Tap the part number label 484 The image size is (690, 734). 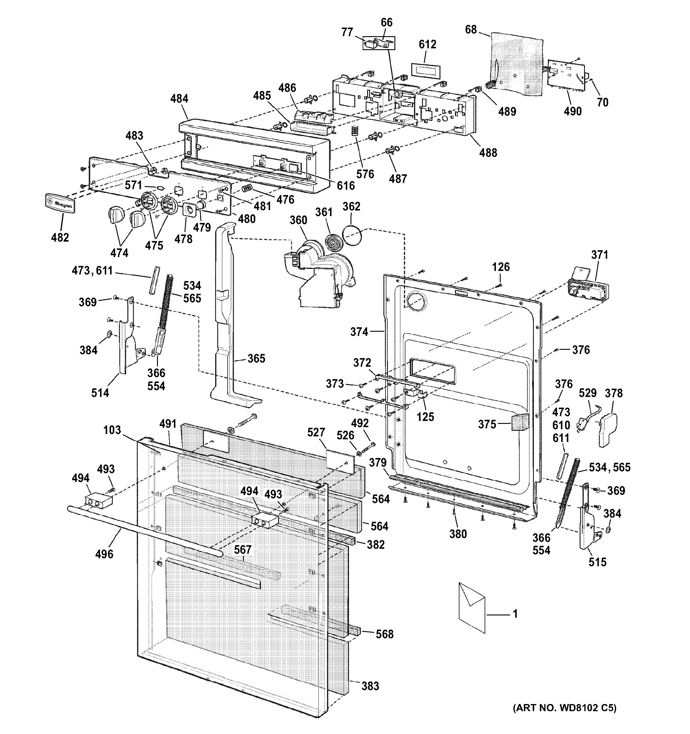tap(179, 99)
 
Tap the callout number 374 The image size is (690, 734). tap(359, 332)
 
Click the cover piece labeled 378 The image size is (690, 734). tap(607, 430)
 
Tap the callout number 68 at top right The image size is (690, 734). tap(471, 30)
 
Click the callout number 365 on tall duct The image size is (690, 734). tap(256, 358)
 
